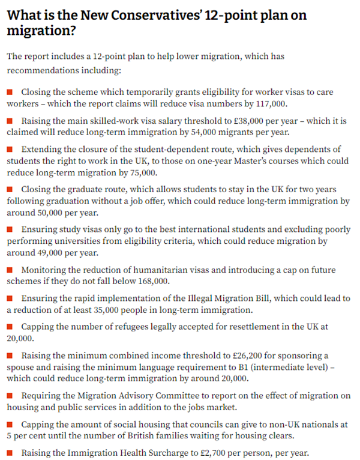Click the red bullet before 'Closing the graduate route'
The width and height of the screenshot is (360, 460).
(10, 190)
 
